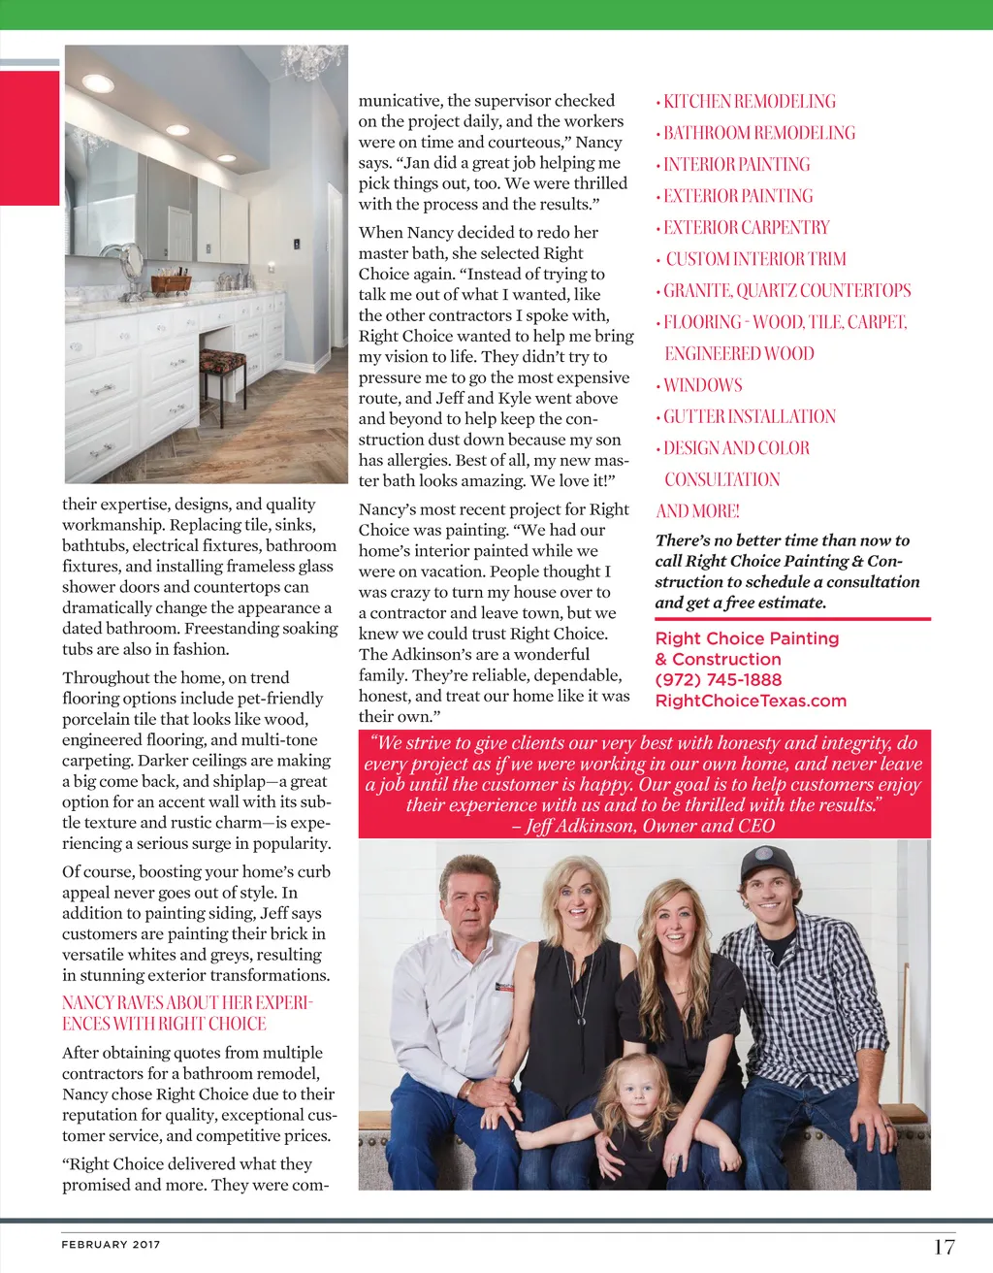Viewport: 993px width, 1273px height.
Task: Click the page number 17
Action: [944, 1247]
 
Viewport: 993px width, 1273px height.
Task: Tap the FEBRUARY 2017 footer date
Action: [111, 1244]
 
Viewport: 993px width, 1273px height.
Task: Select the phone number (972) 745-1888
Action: [718, 680]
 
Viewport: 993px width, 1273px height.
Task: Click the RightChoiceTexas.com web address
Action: [751, 701]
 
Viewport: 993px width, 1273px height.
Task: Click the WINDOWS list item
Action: [702, 385]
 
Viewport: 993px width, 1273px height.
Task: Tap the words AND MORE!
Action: [697, 511]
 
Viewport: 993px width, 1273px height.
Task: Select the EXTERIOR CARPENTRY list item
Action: [746, 227]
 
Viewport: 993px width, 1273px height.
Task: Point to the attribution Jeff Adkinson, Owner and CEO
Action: [644, 826]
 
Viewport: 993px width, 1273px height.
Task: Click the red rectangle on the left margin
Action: [30, 137]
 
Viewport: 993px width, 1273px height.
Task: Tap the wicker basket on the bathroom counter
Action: [171, 283]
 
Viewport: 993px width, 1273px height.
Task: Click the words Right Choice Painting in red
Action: [747, 638]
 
